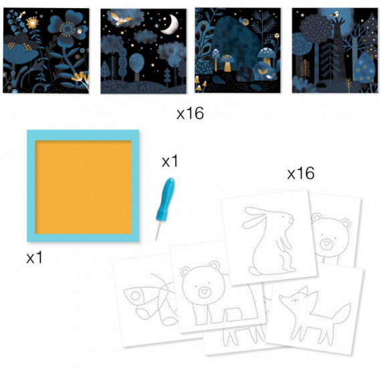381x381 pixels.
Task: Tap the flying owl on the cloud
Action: click(x=119, y=18)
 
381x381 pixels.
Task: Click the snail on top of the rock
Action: click(x=245, y=21)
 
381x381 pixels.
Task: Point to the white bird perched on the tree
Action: click(x=335, y=15)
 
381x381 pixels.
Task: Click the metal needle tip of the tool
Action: click(x=158, y=231)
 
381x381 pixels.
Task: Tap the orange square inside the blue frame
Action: click(x=84, y=187)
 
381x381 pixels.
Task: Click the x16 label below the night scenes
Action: click(x=190, y=114)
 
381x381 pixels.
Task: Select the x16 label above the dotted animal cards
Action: click(x=301, y=173)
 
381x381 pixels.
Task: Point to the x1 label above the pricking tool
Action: click(x=170, y=161)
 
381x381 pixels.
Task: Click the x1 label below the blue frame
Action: click(x=34, y=257)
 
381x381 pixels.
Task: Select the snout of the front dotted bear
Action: click(x=204, y=292)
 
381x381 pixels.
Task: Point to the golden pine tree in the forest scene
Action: click(x=305, y=70)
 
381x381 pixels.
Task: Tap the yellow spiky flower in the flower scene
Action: click(x=33, y=23)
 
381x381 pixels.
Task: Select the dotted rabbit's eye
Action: click(x=283, y=216)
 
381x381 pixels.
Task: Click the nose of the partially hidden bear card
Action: click(x=326, y=244)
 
